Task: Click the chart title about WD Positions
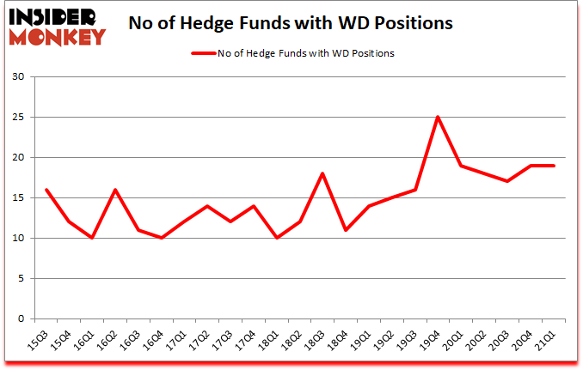click(291, 24)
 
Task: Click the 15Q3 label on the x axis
click(38, 341)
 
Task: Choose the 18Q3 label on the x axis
click(316, 341)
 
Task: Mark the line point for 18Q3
click(322, 173)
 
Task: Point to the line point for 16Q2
click(115, 190)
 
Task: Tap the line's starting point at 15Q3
click(46, 190)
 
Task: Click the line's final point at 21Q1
click(554, 166)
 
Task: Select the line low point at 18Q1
click(276, 238)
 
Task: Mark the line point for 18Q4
click(346, 230)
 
